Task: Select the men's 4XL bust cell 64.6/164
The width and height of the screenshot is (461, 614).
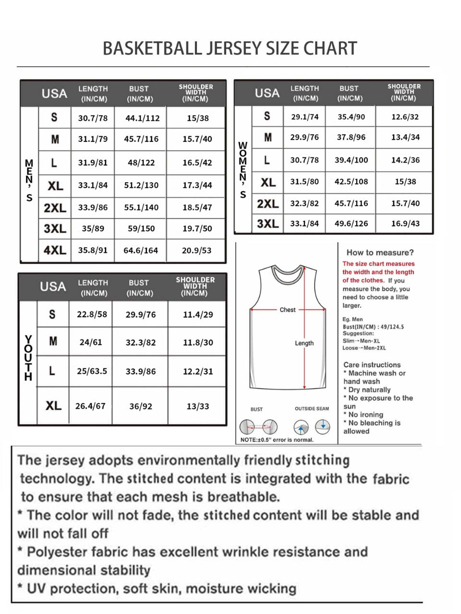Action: coord(141,250)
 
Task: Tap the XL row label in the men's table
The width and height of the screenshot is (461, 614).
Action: coord(55,186)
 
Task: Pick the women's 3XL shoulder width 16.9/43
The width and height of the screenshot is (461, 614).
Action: coord(405,224)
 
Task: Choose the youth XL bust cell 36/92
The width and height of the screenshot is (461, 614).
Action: coord(141,406)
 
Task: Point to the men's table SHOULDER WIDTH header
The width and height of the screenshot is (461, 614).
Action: coord(195,93)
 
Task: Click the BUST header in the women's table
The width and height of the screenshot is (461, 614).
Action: coord(349,89)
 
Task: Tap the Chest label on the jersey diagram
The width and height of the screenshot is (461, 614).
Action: coord(288,310)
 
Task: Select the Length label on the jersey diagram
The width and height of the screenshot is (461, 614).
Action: coord(304,343)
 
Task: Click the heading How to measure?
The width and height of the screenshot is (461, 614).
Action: coord(380,253)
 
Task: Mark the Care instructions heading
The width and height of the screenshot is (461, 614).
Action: coord(372,365)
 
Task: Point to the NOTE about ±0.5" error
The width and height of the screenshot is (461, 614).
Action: coord(277,440)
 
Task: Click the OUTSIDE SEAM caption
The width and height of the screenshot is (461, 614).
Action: coord(312,409)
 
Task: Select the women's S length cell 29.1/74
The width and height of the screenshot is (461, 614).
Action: coord(304,117)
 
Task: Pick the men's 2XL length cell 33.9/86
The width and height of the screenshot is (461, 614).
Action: coord(93,208)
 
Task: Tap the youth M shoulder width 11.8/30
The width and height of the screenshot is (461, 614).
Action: coord(198,342)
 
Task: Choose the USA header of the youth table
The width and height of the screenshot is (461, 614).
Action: coord(53,286)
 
